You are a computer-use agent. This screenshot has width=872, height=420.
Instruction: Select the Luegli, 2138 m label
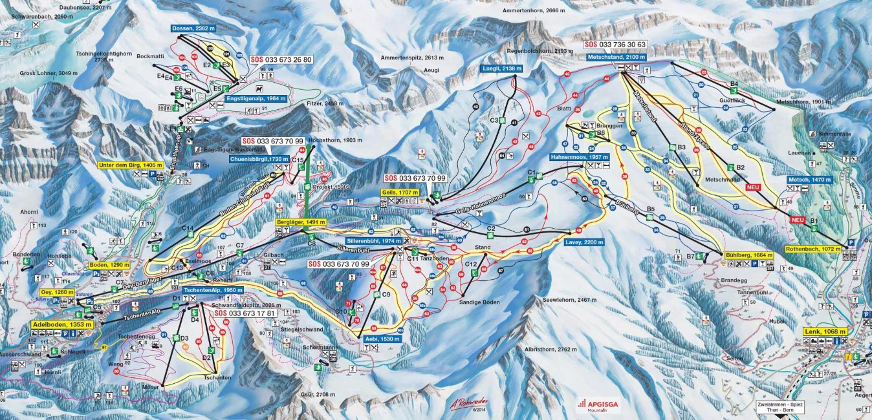pos(502,68)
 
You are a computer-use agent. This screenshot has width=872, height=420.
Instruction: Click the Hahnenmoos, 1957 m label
pos(578,157)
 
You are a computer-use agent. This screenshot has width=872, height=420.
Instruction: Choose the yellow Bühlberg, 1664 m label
pos(749,255)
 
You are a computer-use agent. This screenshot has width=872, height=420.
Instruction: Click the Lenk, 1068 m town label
pos(825,331)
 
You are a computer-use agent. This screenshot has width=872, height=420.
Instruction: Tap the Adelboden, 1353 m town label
pos(62,324)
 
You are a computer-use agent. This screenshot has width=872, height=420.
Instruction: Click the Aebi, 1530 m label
pos(380,339)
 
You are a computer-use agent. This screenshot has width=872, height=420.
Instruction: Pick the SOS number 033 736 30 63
pos(615,45)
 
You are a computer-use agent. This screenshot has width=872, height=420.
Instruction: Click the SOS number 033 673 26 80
pos(281,59)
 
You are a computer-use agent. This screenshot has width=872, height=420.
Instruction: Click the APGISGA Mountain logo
pos(593,404)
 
